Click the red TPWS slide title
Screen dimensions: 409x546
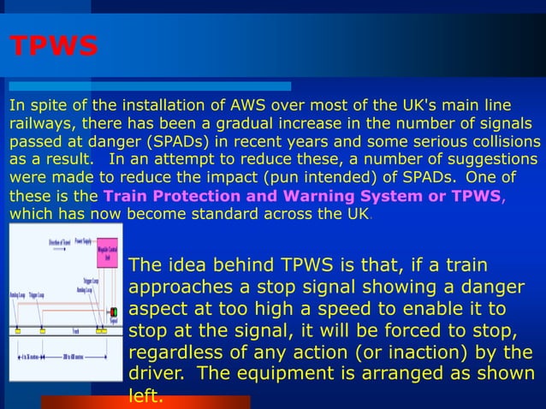pos(53,47)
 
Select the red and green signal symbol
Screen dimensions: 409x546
pos(113,312)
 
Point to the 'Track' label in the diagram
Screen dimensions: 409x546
pos(76,329)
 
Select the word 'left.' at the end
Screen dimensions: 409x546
pos(145,396)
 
